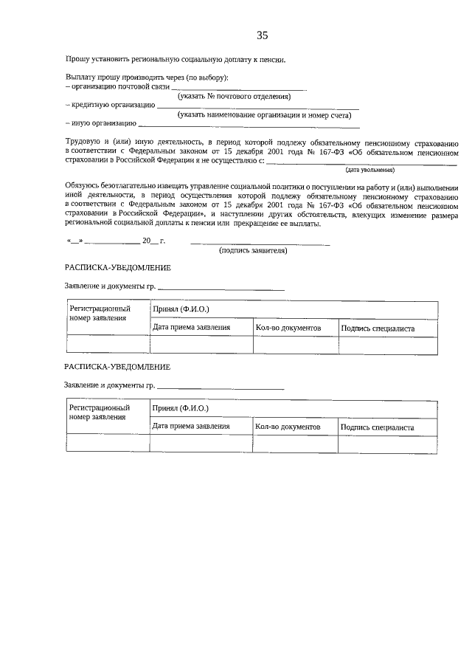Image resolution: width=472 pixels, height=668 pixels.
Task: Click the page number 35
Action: pos(263,35)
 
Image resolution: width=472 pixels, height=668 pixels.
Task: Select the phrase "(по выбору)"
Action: pos(208,78)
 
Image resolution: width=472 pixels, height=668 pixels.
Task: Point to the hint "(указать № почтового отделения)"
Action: pos(234,96)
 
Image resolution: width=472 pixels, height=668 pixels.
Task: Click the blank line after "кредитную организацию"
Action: pos(258,107)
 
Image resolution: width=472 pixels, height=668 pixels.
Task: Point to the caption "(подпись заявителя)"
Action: pos(253,250)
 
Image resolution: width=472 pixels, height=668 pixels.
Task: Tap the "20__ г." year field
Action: pos(153,241)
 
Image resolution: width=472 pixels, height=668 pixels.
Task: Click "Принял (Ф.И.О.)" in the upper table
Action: pos(180,309)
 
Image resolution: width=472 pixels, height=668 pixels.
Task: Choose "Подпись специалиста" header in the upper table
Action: pos(377,328)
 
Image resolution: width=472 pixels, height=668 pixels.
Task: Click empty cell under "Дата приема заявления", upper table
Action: pos(201,345)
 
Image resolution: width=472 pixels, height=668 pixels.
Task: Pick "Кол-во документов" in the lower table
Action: pos(288,427)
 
